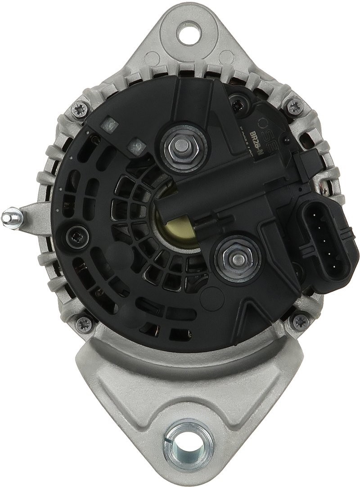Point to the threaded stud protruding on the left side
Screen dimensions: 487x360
click(x=12, y=219)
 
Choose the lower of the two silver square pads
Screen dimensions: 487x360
click(x=135, y=145)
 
